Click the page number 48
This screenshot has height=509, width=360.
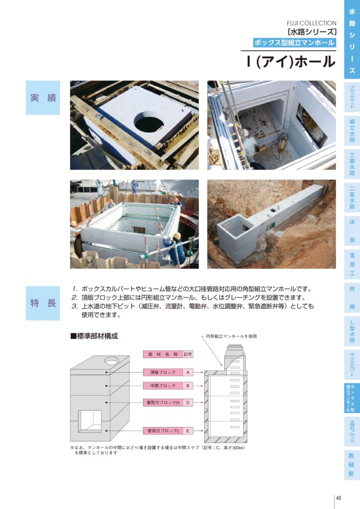(x=338, y=498)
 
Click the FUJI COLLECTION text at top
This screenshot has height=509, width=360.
(x=311, y=23)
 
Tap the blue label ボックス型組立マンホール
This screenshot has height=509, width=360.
(x=294, y=43)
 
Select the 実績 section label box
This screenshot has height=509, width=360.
(x=43, y=98)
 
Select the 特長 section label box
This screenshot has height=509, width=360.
(x=43, y=303)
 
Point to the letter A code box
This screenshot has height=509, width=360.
(x=187, y=372)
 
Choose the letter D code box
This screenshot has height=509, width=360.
(x=187, y=403)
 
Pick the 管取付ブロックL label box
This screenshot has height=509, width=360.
(x=163, y=431)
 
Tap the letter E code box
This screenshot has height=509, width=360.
(x=187, y=431)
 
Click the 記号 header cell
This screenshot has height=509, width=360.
(x=187, y=354)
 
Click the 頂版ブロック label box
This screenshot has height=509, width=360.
(x=163, y=372)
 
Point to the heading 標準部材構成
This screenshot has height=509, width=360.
(x=94, y=336)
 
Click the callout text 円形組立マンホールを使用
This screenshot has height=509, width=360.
(x=231, y=337)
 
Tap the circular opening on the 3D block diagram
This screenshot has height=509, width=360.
(x=112, y=360)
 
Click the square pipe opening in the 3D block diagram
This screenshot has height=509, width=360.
(x=90, y=422)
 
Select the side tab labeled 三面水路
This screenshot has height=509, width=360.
(x=352, y=164)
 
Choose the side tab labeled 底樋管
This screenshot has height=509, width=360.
(x=352, y=465)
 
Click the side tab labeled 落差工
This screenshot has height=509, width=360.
(x=352, y=264)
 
